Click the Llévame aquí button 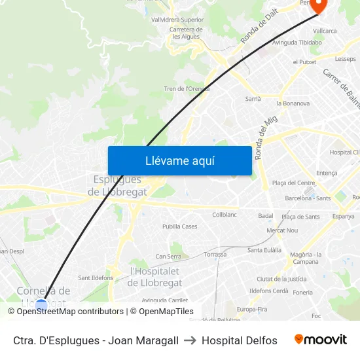[180, 160]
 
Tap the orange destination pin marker [318, 5]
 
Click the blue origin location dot [42, 304]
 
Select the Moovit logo [320, 340]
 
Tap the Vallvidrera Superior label [177, 20]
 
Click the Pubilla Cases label [180, 226]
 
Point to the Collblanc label [225, 214]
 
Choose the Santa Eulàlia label [264, 250]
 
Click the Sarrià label [253, 99]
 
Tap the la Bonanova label [293, 103]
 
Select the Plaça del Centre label [293, 183]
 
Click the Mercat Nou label [282, 230]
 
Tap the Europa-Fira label [252, 309]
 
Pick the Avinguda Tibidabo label [297, 43]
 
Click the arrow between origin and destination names [190, 340]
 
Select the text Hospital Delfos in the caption [240, 340]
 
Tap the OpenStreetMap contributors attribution [70, 312]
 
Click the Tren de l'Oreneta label [187, 88]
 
